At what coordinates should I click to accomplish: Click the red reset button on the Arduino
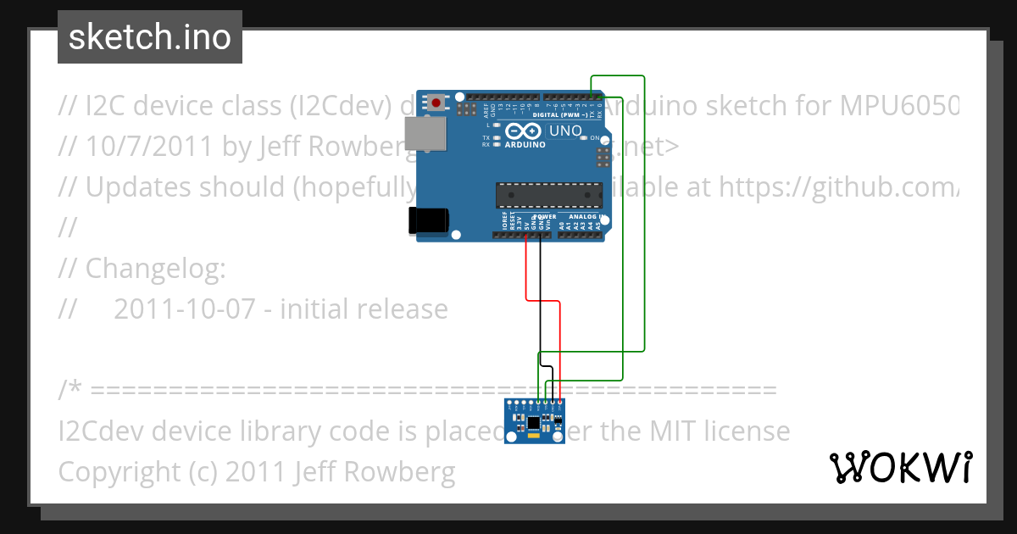(436, 103)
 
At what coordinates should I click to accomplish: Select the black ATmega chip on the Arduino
(548, 195)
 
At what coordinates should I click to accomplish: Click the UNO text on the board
(565, 131)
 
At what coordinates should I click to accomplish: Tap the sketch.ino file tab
(150, 37)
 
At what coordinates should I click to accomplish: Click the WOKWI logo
(900, 467)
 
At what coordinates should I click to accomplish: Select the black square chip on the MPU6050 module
(533, 422)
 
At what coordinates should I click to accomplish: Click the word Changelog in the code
(154, 269)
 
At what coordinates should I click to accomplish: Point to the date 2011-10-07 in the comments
(184, 309)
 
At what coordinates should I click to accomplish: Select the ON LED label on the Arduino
(595, 137)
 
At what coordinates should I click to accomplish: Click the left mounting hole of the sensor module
(513, 437)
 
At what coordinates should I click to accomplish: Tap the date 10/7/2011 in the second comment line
(148, 147)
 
